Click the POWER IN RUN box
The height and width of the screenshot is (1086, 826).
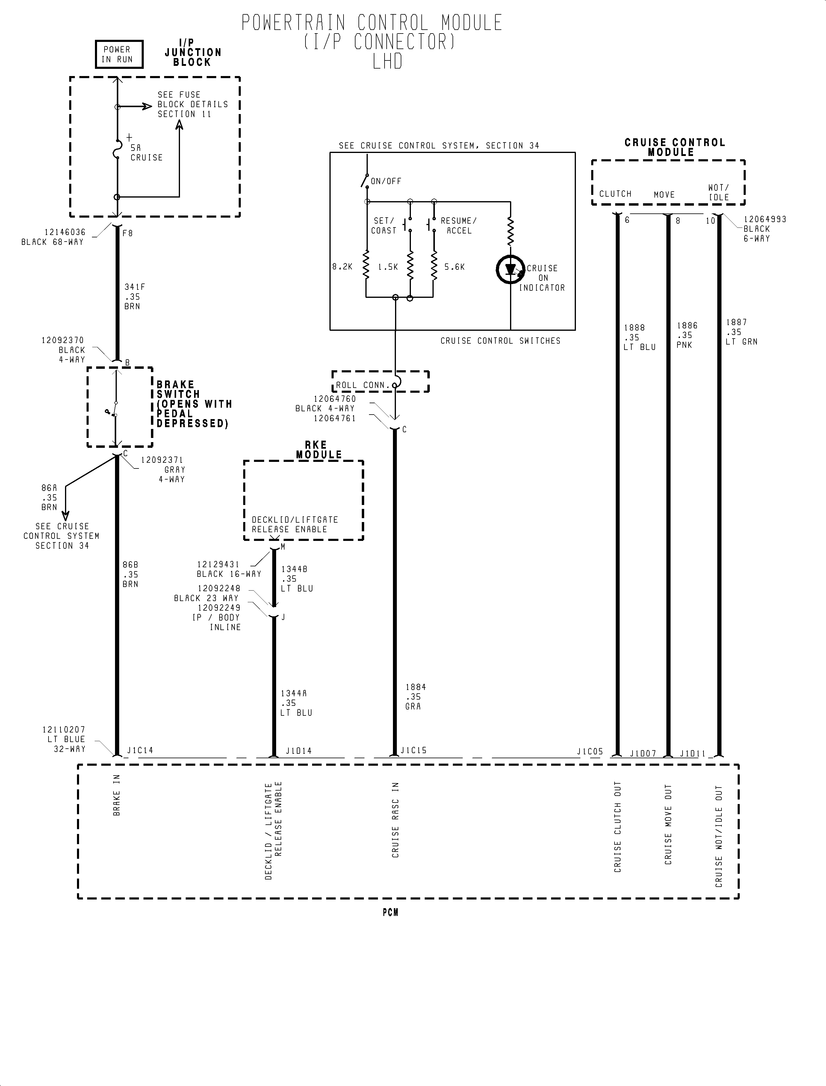pos(119,54)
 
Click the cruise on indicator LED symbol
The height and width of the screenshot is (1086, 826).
pos(510,269)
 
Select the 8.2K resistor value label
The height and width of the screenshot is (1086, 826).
pos(342,267)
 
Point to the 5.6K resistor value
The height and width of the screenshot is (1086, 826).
pos(454,267)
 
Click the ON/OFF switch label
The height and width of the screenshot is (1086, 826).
pos(386,181)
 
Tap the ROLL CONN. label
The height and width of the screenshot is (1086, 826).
pos(363,385)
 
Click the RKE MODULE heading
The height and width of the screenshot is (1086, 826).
pos(319,450)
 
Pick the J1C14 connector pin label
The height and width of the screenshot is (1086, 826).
pos(140,750)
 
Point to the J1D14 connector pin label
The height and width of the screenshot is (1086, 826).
pos(298,751)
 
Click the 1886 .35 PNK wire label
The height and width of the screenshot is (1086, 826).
pos(687,335)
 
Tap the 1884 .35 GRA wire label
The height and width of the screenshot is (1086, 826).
pos(415,696)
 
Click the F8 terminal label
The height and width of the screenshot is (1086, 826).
pos(127,233)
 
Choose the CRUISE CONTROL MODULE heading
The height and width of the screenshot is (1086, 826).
pos(674,147)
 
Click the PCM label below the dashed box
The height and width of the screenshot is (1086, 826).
pos(390,913)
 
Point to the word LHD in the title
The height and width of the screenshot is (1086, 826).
pos(388,61)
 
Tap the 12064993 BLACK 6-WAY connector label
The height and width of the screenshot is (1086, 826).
pos(764,229)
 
